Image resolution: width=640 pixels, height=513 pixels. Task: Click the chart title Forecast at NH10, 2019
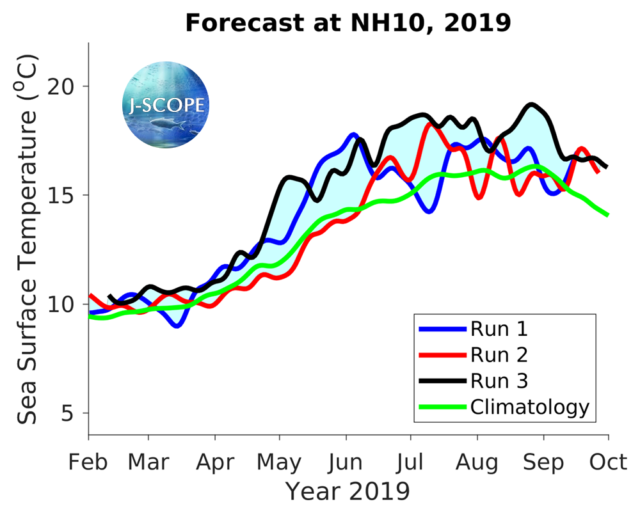click(x=348, y=23)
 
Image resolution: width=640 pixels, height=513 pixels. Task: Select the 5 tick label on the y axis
click(x=74, y=413)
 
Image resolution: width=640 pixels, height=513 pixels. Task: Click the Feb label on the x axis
click(x=88, y=462)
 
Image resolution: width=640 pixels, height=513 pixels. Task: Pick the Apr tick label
click(x=214, y=462)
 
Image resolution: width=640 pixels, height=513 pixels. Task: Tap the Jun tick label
click(x=346, y=462)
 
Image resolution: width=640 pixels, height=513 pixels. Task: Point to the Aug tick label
click(x=477, y=462)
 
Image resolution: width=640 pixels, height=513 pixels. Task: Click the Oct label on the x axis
click(x=608, y=462)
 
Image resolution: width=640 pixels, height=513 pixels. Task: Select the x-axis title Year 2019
click(x=348, y=491)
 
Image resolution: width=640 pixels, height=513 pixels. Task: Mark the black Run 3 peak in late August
click(x=531, y=104)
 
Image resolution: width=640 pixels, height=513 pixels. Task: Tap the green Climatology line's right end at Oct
click(x=606, y=215)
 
